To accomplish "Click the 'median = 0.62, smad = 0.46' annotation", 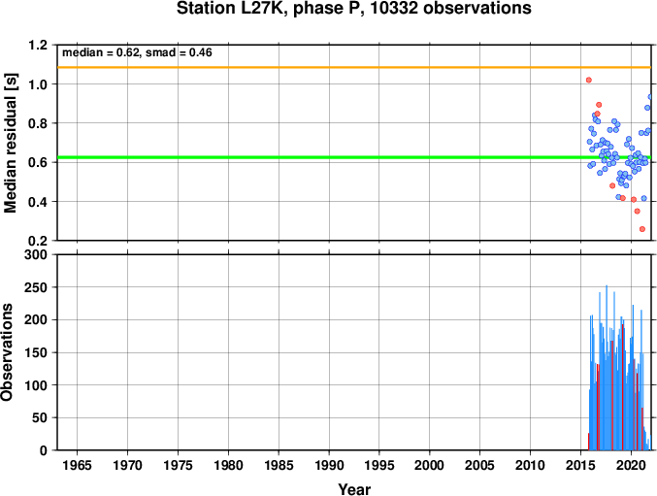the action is point(137,52).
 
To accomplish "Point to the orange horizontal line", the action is point(354,67).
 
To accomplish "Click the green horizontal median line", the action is point(354,157).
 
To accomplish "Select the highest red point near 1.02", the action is point(589,80).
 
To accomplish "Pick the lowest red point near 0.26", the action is point(642,229).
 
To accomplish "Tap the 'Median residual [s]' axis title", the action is point(11,143).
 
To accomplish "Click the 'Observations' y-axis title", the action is point(7,352).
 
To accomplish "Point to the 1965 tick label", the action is point(77,465).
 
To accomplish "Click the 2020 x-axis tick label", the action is point(631,465).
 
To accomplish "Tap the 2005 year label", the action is point(479,465).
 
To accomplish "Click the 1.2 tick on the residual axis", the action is point(38,45).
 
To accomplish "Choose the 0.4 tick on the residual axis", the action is point(38,202).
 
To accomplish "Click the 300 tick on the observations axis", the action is point(36,254).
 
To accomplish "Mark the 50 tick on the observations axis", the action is point(40,418).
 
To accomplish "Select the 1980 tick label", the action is point(228,465).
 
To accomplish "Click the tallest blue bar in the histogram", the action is point(607,368).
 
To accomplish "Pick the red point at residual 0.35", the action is point(638,212).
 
